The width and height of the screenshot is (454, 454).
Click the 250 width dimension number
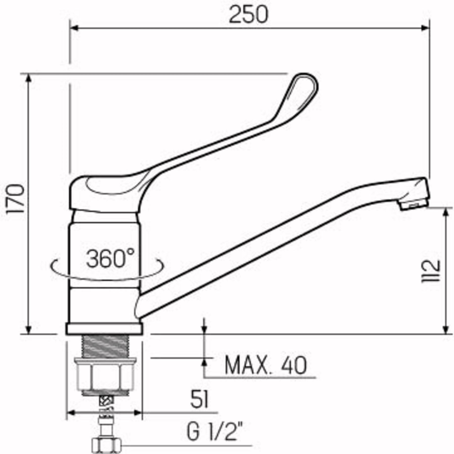(248, 15)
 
